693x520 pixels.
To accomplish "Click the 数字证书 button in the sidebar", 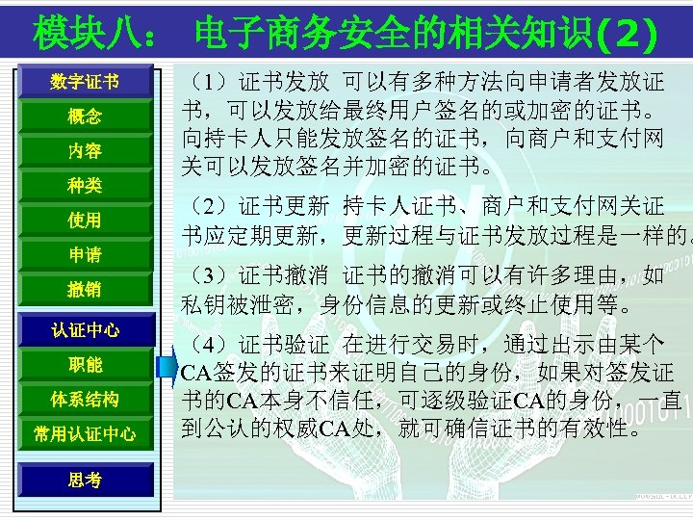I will [x=85, y=83].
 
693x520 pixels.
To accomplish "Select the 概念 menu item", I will [x=85, y=117].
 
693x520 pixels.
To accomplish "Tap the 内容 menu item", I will [x=85, y=151].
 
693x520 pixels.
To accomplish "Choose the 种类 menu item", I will [x=85, y=185].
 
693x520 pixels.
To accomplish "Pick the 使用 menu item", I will [x=85, y=221].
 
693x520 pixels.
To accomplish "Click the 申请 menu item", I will [x=85, y=255].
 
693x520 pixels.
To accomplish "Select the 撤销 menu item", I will [x=85, y=290].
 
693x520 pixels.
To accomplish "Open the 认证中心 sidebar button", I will [x=85, y=330].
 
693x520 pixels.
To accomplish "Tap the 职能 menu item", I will [x=85, y=365].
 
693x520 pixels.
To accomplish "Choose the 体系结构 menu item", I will [x=85, y=400].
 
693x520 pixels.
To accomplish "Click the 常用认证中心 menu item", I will [x=85, y=434].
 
